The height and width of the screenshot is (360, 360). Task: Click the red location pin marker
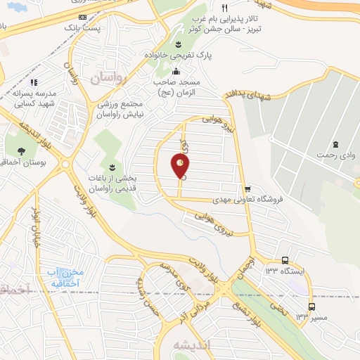pos(181,165)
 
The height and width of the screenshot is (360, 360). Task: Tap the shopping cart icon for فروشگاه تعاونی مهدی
pos(247,188)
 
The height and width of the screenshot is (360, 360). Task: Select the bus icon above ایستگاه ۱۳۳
pos(284,260)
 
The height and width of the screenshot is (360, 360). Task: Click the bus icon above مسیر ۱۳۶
pos(311,306)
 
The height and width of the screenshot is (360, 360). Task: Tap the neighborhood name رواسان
pos(106,79)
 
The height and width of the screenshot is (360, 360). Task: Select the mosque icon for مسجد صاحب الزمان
pos(176,71)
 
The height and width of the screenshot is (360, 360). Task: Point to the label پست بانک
pos(101,27)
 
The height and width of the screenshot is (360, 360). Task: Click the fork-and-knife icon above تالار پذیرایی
pos(224,6)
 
